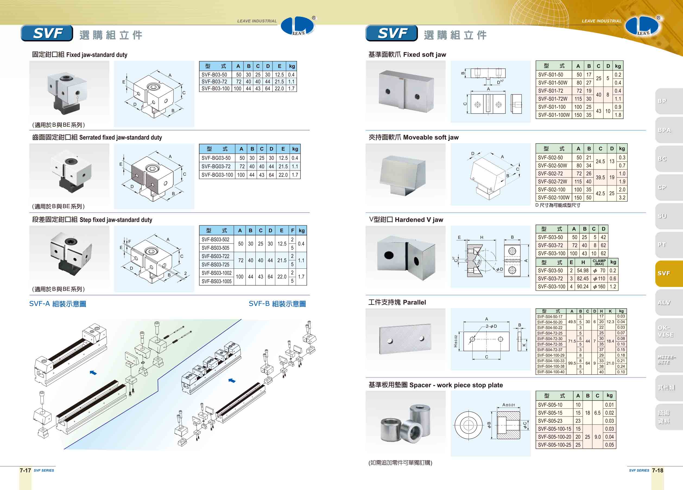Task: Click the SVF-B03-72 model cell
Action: pos(214,82)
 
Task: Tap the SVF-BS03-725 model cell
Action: pos(215,264)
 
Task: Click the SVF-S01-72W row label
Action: pos(553,99)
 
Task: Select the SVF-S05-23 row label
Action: pos(550,421)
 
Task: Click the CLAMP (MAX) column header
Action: pos(599,262)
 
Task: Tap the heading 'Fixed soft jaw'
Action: pos(424,55)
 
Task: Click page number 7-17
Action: pos(25,470)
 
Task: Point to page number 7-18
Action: pos(657,470)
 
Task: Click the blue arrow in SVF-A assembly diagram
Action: pos(93,373)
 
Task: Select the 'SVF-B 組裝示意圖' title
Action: pos(277,304)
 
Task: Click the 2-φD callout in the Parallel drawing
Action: pos(491,326)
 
